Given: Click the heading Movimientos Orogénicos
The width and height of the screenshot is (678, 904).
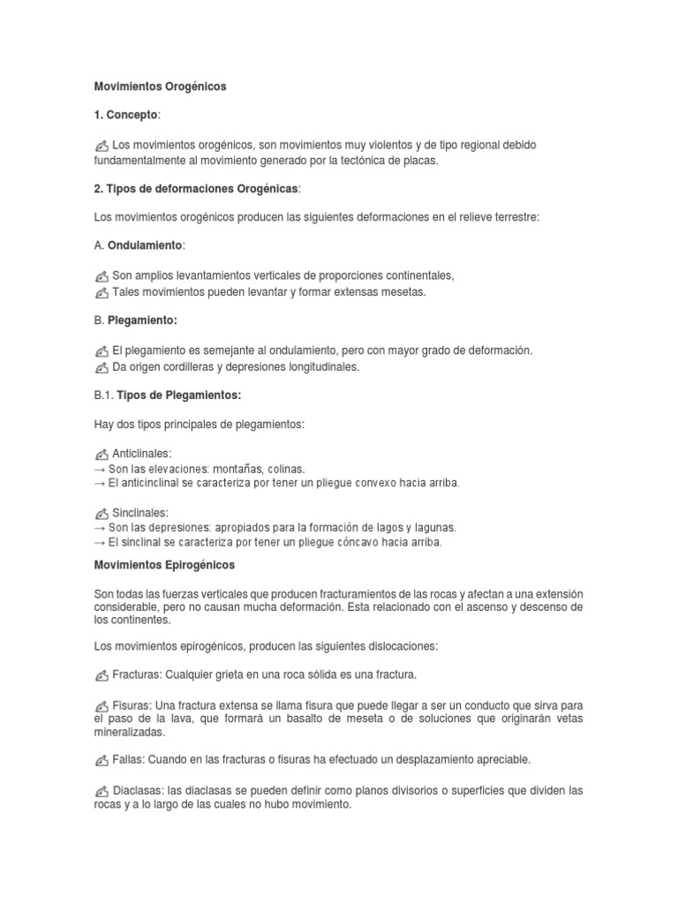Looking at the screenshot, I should pyautogui.click(x=160, y=87).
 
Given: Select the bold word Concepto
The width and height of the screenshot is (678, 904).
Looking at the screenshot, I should pyautogui.click(x=132, y=115).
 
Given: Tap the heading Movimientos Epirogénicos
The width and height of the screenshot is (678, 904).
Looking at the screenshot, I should pyautogui.click(x=164, y=564).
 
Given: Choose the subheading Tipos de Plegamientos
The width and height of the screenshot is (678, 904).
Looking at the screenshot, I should pyautogui.click(x=179, y=395).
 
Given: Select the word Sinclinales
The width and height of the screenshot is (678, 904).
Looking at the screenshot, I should pyautogui.click(x=140, y=513).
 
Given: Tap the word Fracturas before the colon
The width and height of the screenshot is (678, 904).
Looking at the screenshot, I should pyautogui.click(x=135, y=675).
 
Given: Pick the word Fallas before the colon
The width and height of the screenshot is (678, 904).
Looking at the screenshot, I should pyautogui.click(x=128, y=759).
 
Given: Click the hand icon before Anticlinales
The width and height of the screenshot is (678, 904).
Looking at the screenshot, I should pyautogui.click(x=102, y=454).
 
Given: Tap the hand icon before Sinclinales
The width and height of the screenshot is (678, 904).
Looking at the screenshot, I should pyautogui.click(x=102, y=513).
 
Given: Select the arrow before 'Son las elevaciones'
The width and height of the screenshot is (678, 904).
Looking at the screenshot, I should pyautogui.click(x=100, y=469).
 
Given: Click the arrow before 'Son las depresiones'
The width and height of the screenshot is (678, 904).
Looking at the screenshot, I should pyautogui.click(x=100, y=528).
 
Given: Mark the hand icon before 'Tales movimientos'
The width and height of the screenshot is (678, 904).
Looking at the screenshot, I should pyautogui.click(x=102, y=292).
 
